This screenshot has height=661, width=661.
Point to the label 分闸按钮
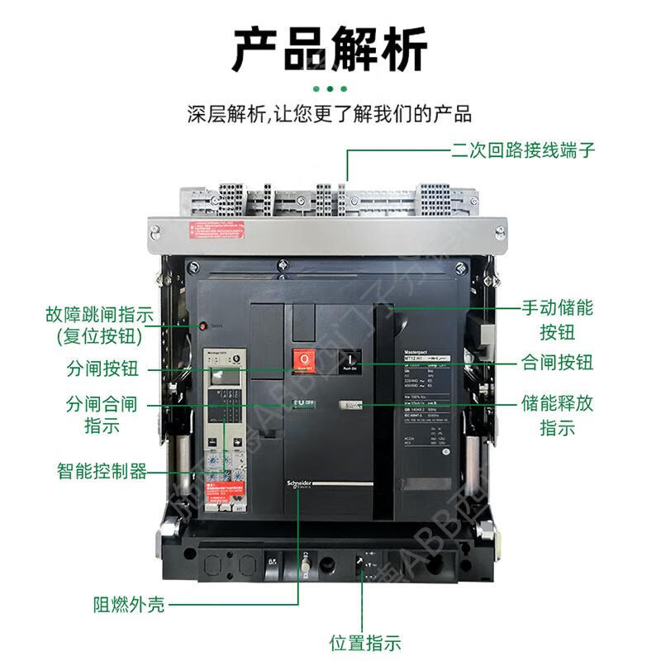click(x=102, y=369)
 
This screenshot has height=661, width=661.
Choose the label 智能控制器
click(x=102, y=472)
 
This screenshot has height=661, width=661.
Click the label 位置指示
click(x=364, y=642)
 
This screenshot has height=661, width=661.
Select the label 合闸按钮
click(x=557, y=362)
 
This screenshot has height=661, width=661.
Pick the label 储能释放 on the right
click(x=557, y=405)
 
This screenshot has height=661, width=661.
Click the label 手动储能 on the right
click(x=557, y=309)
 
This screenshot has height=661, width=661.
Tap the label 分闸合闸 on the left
click(x=102, y=405)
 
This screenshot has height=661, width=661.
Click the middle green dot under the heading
click(x=330, y=88)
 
